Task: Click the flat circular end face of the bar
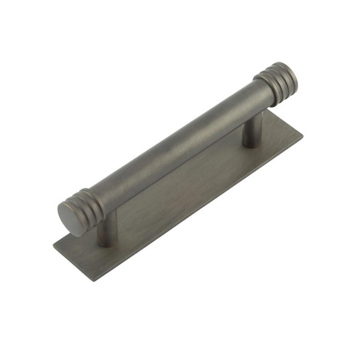pyautogui.click(x=72, y=218)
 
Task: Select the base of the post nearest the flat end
pyautogui.click(x=106, y=241)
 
